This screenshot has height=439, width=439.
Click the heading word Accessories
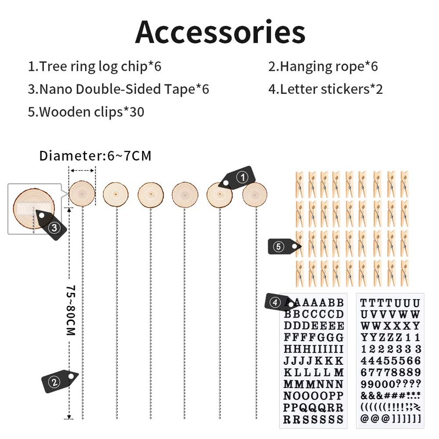[220, 32]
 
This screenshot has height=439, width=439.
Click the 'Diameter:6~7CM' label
[95, 156]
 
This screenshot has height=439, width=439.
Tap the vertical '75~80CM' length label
[71, 310]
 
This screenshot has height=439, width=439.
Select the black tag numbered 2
[60, 381]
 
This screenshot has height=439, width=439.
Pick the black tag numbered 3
[51, 225]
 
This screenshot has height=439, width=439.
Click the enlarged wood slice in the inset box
[33, 209]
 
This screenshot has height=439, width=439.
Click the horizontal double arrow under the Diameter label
[82, 171]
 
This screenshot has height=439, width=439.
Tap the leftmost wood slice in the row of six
[82, 194]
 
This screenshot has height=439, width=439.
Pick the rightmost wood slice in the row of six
[255, 194]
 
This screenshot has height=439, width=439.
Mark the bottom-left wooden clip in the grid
[300, 274]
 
